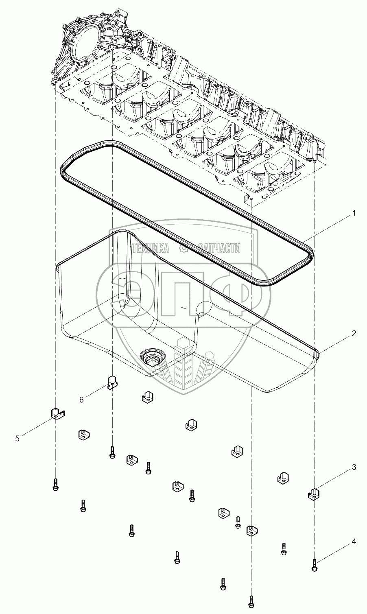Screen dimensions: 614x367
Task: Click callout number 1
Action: point(354,213)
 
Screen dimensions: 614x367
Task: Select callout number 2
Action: point(354,334)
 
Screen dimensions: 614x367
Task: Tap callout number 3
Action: point(354,468)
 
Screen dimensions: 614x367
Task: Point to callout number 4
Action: point(354,542)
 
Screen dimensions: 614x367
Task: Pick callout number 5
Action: point(17,438)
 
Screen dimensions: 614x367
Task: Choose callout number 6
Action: point(81,400)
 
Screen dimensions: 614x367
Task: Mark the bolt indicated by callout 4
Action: point(314,565)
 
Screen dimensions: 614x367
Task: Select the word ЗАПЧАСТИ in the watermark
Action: point(219,249)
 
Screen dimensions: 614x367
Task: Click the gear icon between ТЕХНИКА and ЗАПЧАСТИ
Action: point(184,249)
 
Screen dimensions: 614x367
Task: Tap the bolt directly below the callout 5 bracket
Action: point(56,485)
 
